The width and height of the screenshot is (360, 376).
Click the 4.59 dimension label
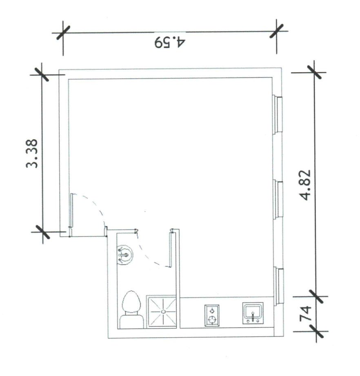coord(169,42)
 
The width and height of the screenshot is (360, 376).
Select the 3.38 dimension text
coord(32,154)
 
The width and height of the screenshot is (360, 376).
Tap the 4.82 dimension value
coord(306,185)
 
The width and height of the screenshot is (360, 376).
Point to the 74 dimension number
coord(305,314)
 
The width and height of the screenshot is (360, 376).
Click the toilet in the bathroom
coord(131,309)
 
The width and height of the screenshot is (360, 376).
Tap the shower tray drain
coord(163,311)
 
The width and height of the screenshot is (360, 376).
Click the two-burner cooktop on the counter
coord(212,316)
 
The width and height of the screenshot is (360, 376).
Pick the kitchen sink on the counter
coord(253,313)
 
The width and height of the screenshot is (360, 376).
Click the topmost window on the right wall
coord(278,115)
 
